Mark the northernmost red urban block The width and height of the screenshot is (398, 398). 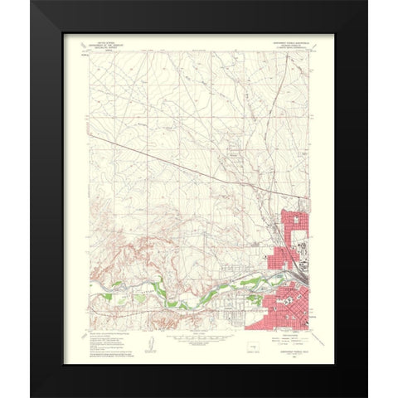(294, 226)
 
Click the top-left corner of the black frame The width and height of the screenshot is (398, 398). (32, 2)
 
